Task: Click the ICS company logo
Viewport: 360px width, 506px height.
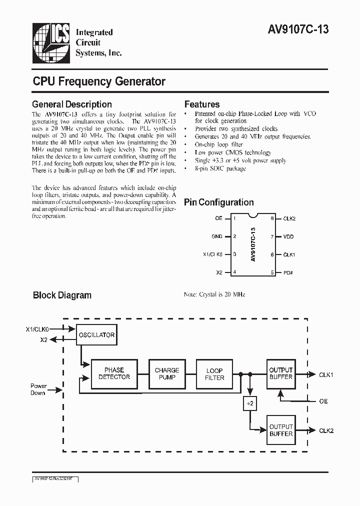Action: click(x=50, y=42)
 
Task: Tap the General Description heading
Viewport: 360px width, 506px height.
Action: click(x=72, y=104)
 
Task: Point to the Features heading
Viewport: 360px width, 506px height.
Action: click(x=202, y=104)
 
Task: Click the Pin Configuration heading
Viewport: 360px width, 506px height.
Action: click(x=219, y=202)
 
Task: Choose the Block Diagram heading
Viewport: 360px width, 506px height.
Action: click(x=62, y=295)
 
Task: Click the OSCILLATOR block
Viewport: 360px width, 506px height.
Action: click(x=96, y=335)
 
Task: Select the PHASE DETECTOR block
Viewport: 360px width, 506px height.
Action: click(x=114, y=373)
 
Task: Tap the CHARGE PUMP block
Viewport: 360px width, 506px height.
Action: click(x=167, y=373)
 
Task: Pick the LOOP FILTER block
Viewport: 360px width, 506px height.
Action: click(x=214, y=374)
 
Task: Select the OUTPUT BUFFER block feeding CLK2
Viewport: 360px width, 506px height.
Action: click(x=281, y=430)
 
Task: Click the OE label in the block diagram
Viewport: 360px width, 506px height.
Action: click(x=323, y=401)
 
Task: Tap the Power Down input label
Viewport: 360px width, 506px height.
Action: click(x=38, y=389)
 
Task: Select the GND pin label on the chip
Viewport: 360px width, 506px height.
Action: click(x=216, y=236)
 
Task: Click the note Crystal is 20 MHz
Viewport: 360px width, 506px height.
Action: click(x=214, y=295)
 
